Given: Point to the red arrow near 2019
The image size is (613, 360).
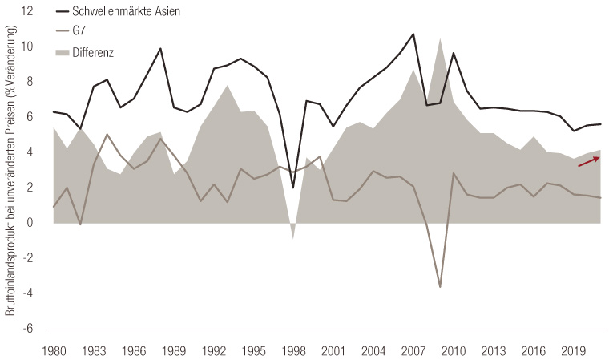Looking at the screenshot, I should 589,162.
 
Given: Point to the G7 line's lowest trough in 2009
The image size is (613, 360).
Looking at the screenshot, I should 440,287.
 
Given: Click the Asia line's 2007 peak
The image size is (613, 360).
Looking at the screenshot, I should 413,34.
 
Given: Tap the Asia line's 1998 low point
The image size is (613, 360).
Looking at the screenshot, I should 294,188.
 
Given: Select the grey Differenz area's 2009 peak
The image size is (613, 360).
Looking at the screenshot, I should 440,38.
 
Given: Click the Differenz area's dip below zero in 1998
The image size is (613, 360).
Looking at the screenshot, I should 294,237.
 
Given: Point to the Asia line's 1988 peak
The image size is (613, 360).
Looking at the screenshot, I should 160,49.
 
